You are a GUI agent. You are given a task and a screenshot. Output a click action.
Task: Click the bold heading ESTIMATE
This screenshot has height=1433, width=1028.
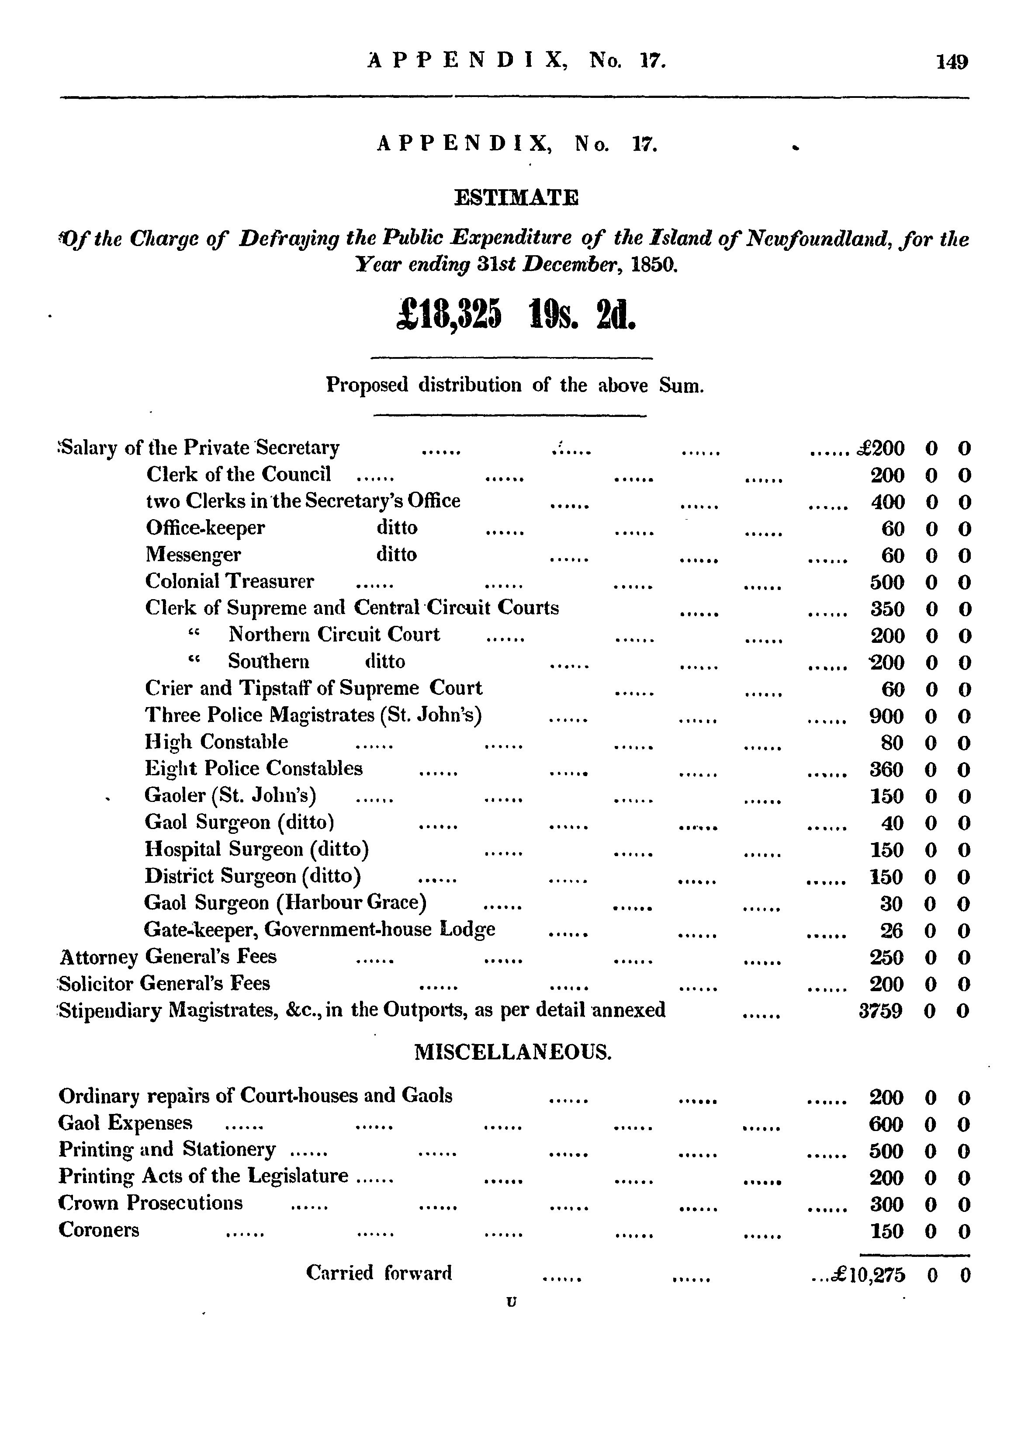pos(516,198)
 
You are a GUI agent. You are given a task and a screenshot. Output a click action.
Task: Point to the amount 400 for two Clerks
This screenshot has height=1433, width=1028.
pos(887,502)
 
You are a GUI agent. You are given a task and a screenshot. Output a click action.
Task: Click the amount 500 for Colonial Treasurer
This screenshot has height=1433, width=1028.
pos(887,582)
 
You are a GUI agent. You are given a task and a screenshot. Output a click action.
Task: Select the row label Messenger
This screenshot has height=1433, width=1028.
pos(193,555)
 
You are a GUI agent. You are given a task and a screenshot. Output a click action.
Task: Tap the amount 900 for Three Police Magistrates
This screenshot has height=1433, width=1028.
pos(887,716)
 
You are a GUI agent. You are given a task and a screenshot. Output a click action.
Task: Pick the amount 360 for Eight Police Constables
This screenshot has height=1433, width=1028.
pos(887,769)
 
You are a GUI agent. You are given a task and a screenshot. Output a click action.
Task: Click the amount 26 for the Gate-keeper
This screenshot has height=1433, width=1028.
pos(892,930)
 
